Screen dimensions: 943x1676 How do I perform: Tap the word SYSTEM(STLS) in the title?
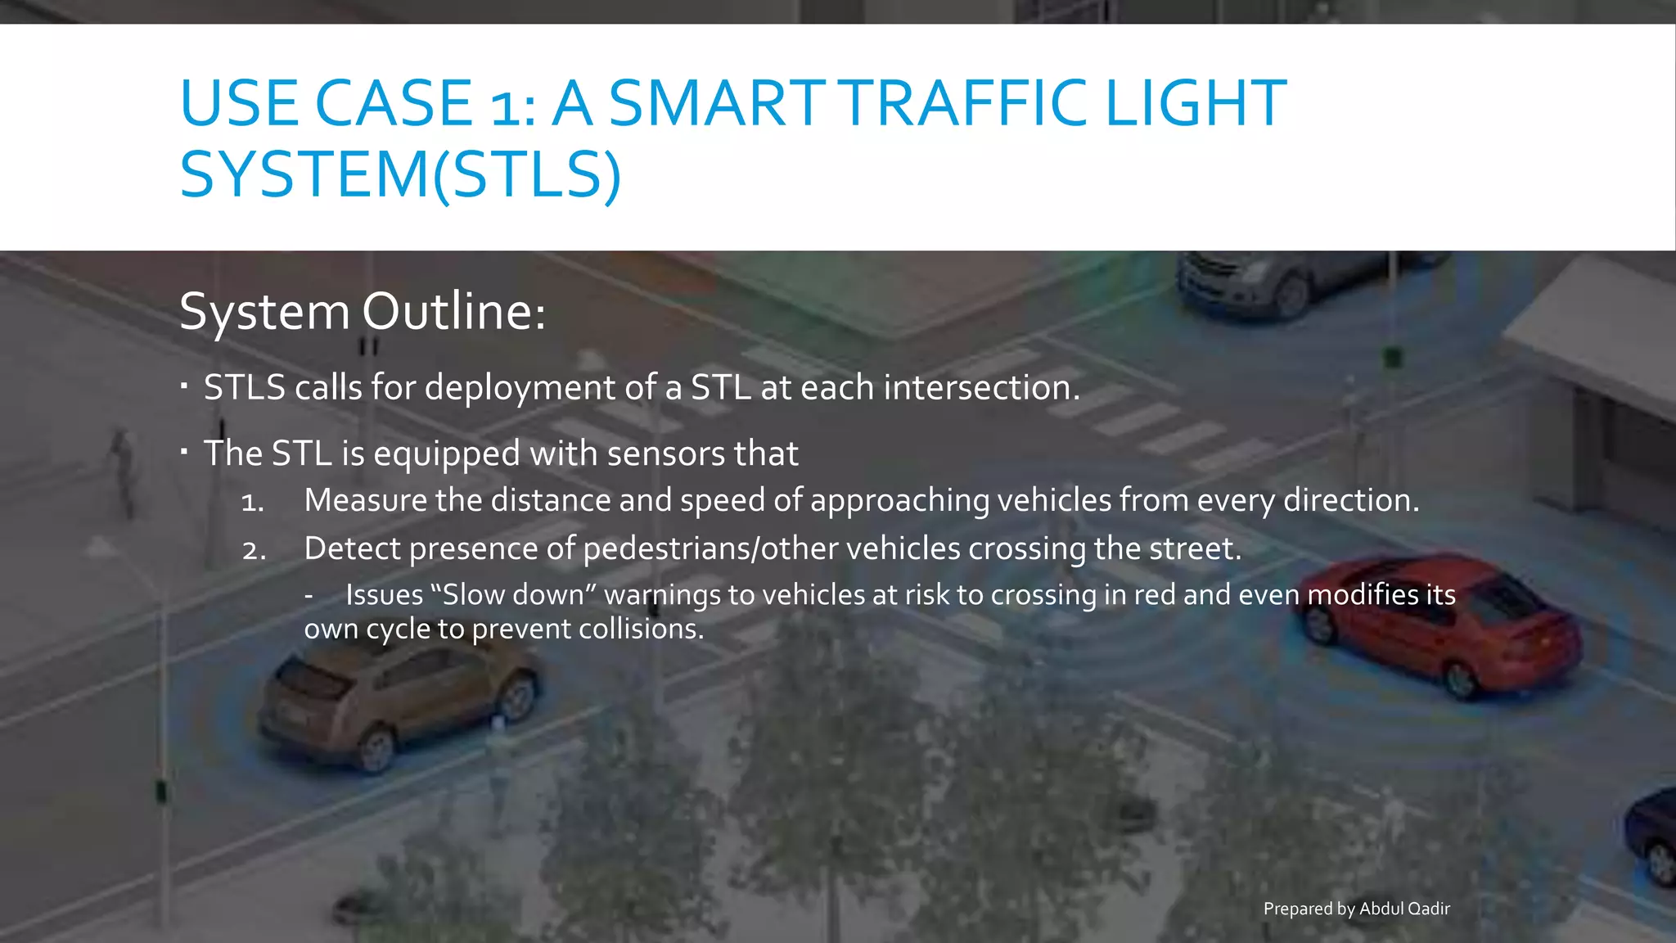[400, 174]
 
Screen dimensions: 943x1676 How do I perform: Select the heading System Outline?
[363, 312]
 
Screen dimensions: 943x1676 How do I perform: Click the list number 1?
[253, 502]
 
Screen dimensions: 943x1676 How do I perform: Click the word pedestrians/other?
[710, 548]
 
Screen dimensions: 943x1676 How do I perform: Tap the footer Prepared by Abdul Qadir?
[1356, 909]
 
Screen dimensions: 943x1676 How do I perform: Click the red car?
[1440, 626]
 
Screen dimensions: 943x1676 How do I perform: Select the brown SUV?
[397, 700]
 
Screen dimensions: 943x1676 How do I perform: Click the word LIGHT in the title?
[1196, 103]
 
